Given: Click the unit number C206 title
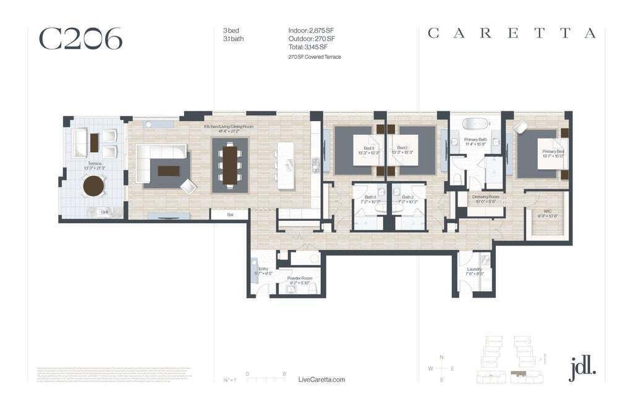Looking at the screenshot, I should click(80, 38).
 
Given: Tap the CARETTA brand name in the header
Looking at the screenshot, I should click(511, 33).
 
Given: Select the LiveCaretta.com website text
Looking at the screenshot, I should click(321, 380).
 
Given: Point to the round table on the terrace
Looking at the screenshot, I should click(94, 186).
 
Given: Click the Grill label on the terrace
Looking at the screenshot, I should click(105, 212).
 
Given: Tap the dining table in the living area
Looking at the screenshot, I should click(230, 164).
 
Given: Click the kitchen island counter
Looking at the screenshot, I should click(285, 166).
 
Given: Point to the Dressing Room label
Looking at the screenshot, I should click(486, 199).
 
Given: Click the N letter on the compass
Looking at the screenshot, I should click(441, 357).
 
